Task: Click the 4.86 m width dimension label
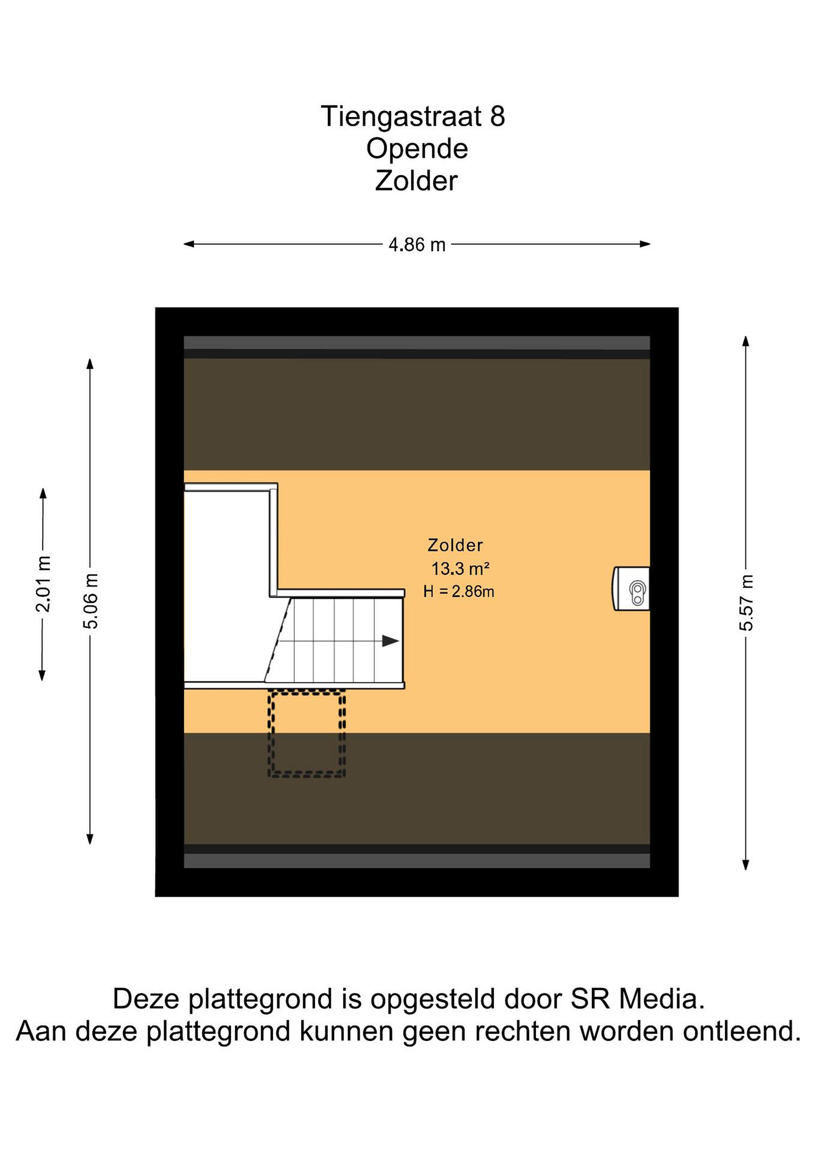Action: click(x=417, y=245)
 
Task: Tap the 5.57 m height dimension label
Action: click(x=746, y=602)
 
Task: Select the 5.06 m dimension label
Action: click(x=91, y=600)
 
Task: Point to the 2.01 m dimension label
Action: click(x=43, y=584)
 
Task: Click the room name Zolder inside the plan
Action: click(x=455, y=545)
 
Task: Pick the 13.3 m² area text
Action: click(x=460, y=569)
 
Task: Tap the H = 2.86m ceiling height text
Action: click(x=459, y=592)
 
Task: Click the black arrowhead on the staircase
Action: click(x=390, y=641)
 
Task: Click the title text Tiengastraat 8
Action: click(x=413, y=116)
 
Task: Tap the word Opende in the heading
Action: click(x=417, y=149)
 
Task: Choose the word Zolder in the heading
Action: click(x=416, y=181)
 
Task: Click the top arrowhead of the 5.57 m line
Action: click(x=746, y=341)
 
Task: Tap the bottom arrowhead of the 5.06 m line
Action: click(x=90, y=839)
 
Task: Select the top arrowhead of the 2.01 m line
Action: click(x=43, y=493)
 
